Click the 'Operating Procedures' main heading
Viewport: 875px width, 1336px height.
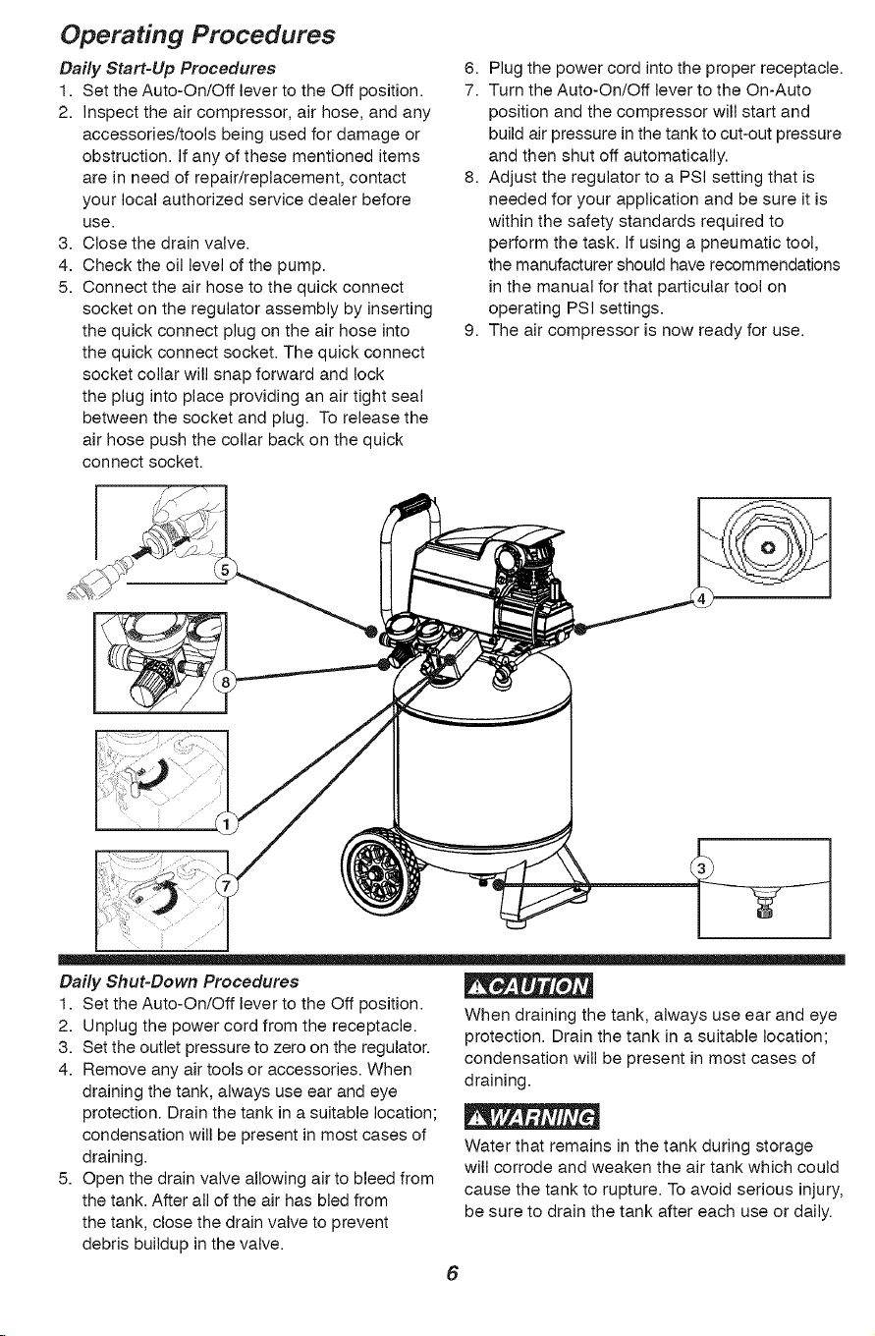coord(197,35)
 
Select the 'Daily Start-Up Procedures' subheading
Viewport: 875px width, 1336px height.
coord(168,68)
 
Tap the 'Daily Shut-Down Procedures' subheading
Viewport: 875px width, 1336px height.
coord(179,981)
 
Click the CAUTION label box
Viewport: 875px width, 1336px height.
coord(528,987)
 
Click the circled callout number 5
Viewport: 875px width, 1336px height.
coord(225,570)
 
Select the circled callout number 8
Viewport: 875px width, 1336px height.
coord(225,683)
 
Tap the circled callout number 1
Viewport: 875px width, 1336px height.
coord(226,825)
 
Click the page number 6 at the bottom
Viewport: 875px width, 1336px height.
coord(453,1273)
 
